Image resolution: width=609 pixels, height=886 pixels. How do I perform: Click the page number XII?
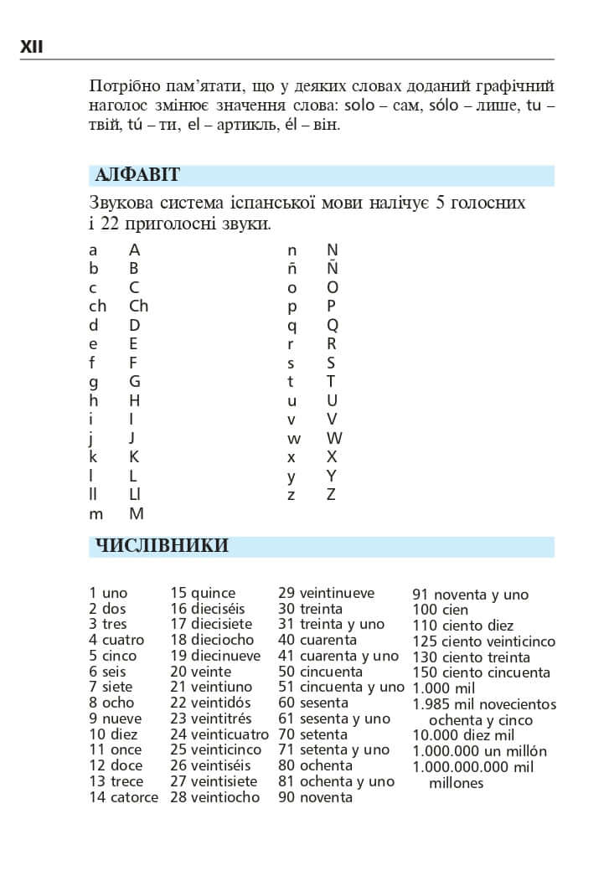tap(32, 48)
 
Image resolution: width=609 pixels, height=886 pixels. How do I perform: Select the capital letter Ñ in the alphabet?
tap(332, 269)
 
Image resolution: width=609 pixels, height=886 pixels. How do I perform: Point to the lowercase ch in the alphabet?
tap(97, 306)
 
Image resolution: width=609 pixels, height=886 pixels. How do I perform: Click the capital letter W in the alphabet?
tap(334, 438)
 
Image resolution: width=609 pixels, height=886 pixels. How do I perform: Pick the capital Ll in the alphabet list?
tap(134, 495)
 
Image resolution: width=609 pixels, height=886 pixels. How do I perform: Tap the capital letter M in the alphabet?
tap(137, 514)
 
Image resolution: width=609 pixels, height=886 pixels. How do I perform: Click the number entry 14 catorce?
tap(123, 797)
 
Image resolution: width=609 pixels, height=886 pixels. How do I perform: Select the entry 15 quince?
tap(203, 593)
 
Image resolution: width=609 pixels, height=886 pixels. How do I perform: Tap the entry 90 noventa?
tap(315, 797)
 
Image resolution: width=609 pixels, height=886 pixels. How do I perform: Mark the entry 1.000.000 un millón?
tap(479, 751)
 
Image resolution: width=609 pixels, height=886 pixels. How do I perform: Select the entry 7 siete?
tap(111, 687)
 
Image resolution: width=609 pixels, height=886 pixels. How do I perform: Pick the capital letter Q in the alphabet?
tap(333, 325)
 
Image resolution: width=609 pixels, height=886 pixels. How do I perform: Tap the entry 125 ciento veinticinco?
tap(483, 641)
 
